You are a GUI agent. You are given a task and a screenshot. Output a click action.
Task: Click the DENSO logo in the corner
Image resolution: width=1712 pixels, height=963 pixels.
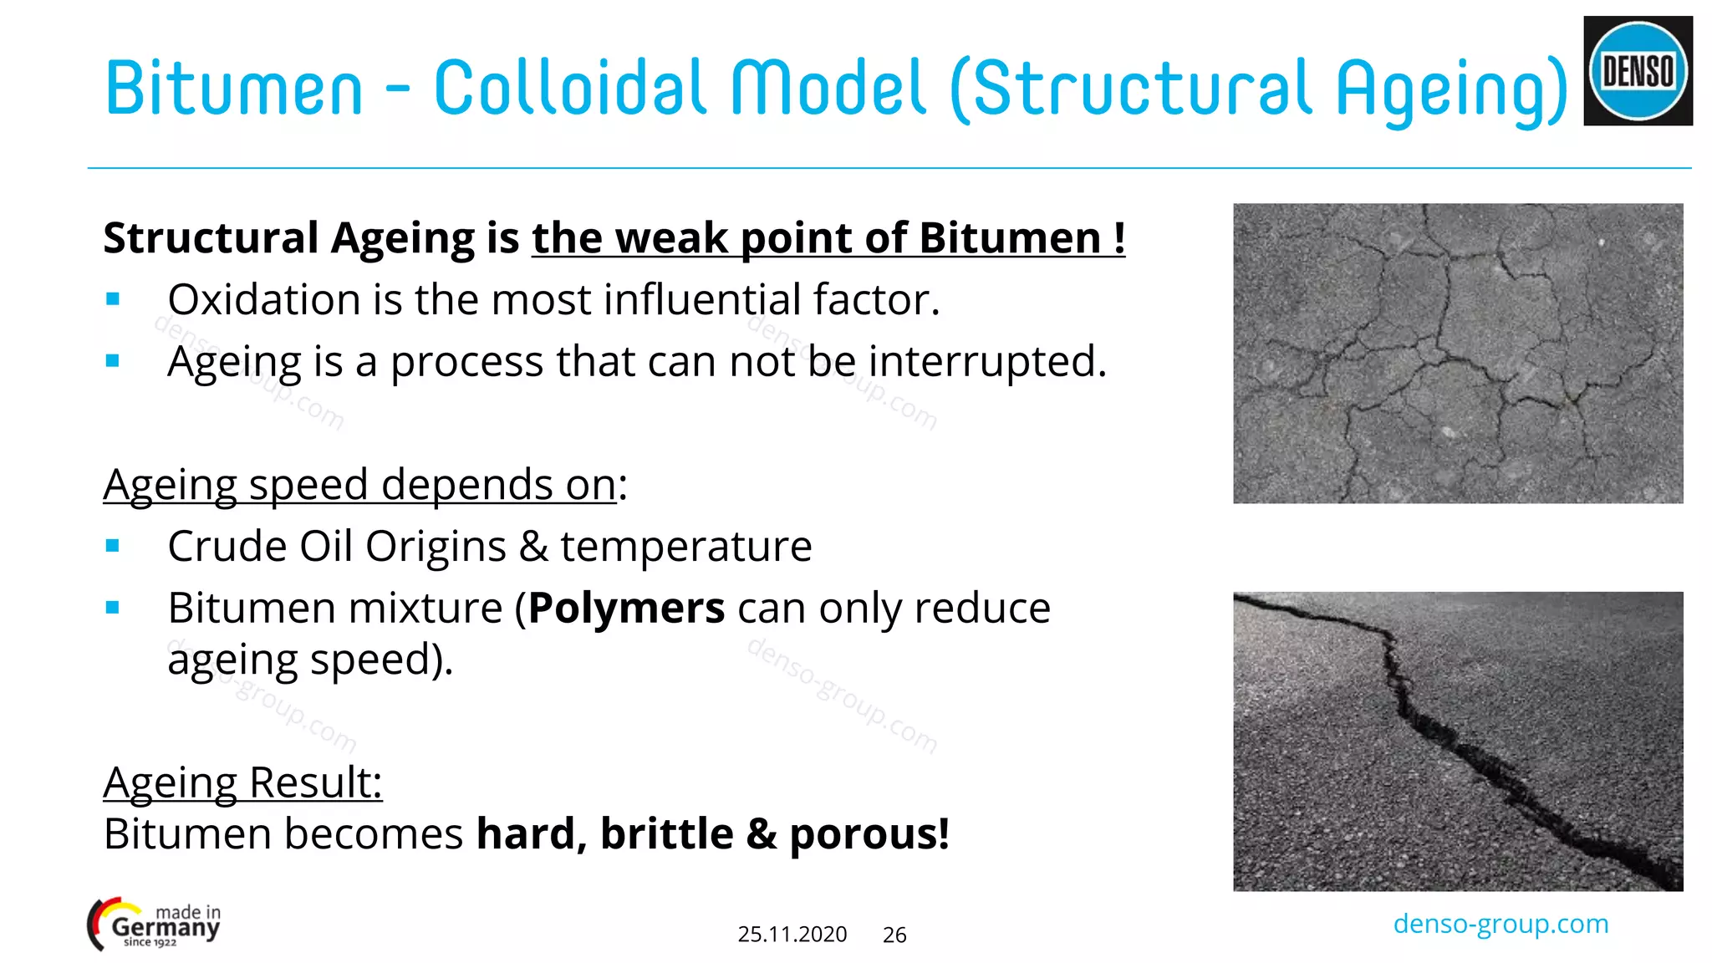[x=1638, y=71]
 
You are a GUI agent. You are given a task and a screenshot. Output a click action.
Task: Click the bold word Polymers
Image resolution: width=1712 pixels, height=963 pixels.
[x=626, y=608]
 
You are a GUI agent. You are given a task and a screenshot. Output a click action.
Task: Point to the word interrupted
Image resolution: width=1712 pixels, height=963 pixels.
[x=987, y=362]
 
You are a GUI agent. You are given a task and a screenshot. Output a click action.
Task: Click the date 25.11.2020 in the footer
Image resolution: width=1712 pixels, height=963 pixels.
[x=792, y=934]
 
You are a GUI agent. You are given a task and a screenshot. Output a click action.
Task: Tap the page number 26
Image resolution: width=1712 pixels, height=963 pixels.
[x=894, y=935]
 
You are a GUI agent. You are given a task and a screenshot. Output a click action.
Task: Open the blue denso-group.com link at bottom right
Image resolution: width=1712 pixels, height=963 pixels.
[x=1501, y=924]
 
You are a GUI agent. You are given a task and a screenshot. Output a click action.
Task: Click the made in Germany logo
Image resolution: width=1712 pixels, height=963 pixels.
[x=155, y=925]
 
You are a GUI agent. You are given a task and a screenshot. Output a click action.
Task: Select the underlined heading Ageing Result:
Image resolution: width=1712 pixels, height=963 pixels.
[x=242, y=782]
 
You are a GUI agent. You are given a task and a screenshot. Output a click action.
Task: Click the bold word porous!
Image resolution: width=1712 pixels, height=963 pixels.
[x=869, y=834]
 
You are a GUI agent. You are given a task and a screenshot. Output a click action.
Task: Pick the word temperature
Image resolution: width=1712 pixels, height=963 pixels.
[x=685, y=547]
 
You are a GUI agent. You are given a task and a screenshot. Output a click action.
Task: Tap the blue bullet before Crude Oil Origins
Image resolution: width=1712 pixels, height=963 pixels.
[x=113, y=547]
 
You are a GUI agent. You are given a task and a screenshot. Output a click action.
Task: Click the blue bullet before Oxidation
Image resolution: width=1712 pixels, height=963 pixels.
[x=113, y=299]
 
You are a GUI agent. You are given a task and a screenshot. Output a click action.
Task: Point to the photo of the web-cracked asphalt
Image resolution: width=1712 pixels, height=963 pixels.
[x=1458, y=353]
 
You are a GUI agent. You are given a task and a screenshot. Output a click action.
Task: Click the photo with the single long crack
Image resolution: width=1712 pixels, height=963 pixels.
[x=1458, y=741]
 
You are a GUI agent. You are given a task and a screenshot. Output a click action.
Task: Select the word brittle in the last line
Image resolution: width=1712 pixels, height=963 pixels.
[x=666, y=834]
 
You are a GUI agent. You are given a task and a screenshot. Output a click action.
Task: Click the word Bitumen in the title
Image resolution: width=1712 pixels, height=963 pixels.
[x=234, y=88]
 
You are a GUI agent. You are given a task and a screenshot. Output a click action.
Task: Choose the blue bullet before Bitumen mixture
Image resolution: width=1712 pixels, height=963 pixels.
[x=113, y=608]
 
